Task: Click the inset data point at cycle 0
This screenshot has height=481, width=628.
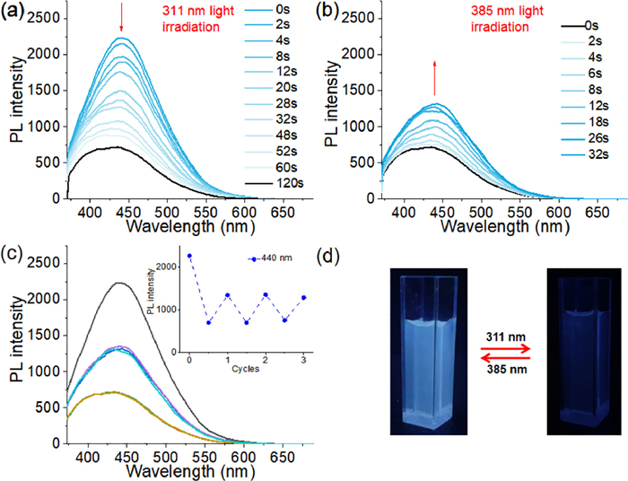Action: click(190, 256)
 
